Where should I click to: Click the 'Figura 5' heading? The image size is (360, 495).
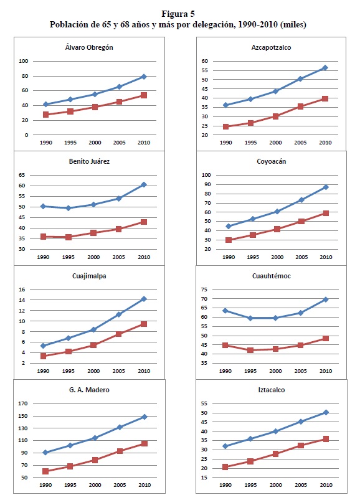(178, 14)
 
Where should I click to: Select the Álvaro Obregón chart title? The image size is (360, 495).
(89, 47)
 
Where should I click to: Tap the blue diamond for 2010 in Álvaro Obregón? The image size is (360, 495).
(144, 77)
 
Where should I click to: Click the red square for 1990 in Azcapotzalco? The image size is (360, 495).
(225, 126)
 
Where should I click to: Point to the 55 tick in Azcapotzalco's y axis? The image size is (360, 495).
(205, 70)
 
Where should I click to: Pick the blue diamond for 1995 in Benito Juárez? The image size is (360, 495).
(69, 208)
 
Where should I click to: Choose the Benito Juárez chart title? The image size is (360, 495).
(89, 161)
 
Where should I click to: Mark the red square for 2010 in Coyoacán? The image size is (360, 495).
(326, 213)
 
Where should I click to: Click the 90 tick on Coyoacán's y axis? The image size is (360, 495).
(207, 184)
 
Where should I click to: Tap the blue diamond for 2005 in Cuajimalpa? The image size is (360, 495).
(119, 314)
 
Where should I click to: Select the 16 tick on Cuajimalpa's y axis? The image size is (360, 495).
(22, 289)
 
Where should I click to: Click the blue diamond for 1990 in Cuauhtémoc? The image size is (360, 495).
(225, 311)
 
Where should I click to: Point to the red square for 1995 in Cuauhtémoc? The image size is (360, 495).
(250, 350)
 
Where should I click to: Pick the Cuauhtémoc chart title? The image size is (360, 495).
(272, 276)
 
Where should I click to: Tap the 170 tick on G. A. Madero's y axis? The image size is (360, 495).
(23, 403)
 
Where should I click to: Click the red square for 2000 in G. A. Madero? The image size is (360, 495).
(95, 460)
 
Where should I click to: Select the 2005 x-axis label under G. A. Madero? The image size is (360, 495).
(120, 485)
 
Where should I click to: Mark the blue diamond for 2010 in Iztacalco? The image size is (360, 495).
(326, 412)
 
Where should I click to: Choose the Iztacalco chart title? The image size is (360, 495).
(272, 390)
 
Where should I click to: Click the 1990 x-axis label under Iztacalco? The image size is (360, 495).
(225, 485)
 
